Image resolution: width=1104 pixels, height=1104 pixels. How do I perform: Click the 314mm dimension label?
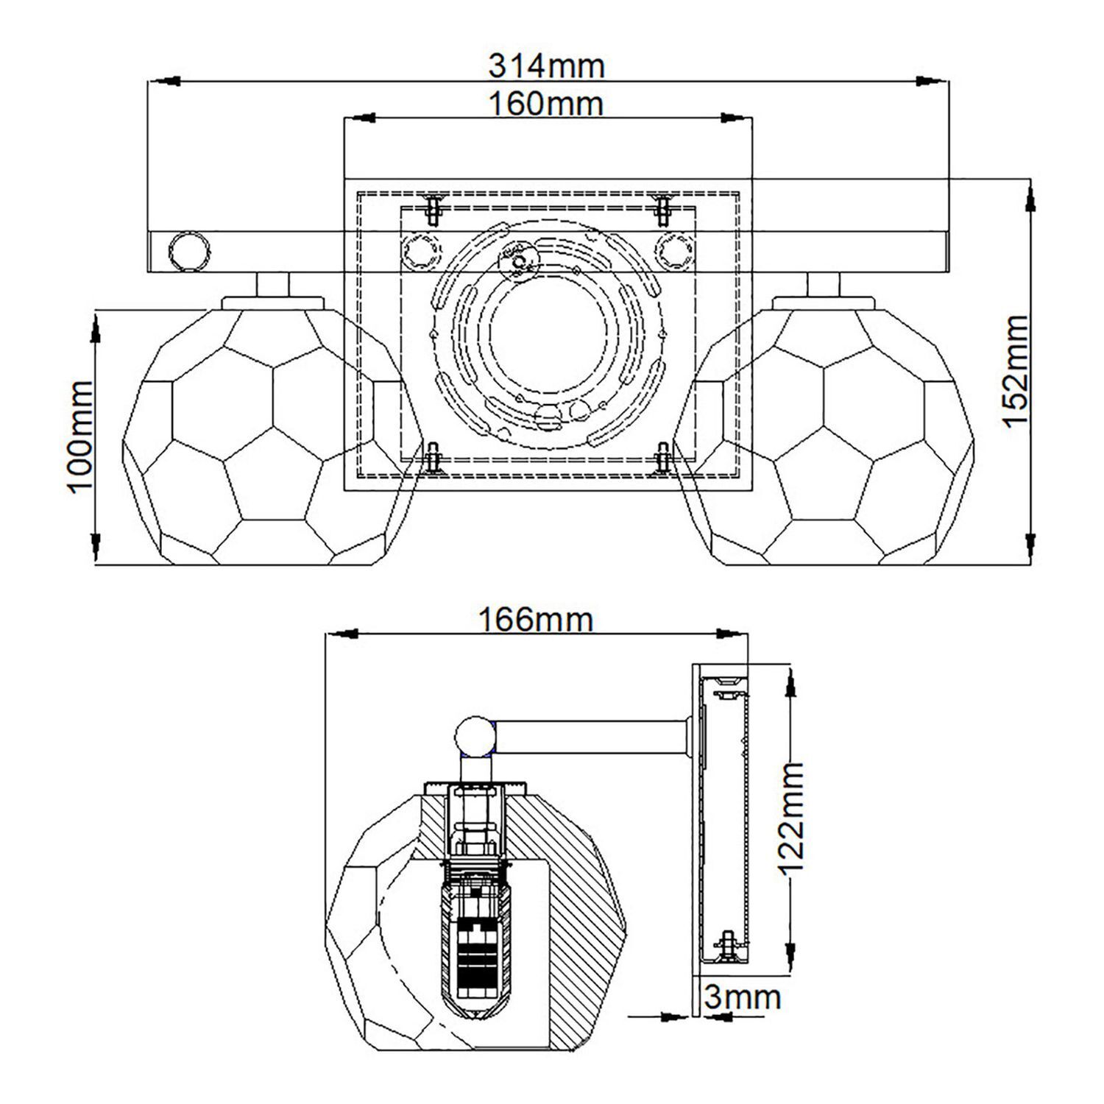(546, 66)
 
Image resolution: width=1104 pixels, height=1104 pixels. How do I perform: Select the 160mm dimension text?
(546, 104)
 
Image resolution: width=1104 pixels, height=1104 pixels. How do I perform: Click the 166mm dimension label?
(535, 620)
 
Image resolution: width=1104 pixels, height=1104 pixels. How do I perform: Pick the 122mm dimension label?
(792, 818)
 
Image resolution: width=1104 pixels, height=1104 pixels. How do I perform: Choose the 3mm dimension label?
(742, 997)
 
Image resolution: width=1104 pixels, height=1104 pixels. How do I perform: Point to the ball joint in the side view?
(475, 737)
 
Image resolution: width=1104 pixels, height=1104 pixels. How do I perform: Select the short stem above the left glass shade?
(272, 284)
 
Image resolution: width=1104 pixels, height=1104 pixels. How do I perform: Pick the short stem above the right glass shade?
(824, 284)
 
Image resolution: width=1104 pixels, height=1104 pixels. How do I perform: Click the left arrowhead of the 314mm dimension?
(166, 80)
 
